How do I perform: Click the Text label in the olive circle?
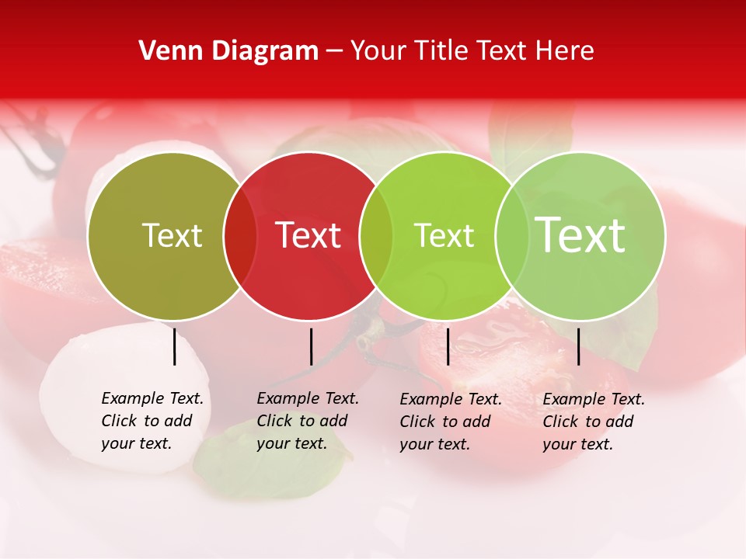click(x=172, y=235)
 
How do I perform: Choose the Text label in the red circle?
click(x=309, y=235)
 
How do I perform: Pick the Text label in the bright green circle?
click(x=444, y=235)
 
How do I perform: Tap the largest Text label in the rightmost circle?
click(x=580, y=234)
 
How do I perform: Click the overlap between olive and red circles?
click(x=240, y=236)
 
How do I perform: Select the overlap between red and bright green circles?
click(x=376, y=236)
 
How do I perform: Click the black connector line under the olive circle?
click(x=175, y=346)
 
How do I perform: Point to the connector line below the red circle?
click(x=311, y=346)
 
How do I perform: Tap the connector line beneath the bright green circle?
click(x=448, y=346)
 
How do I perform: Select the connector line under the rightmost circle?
click(x=578, y=346)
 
